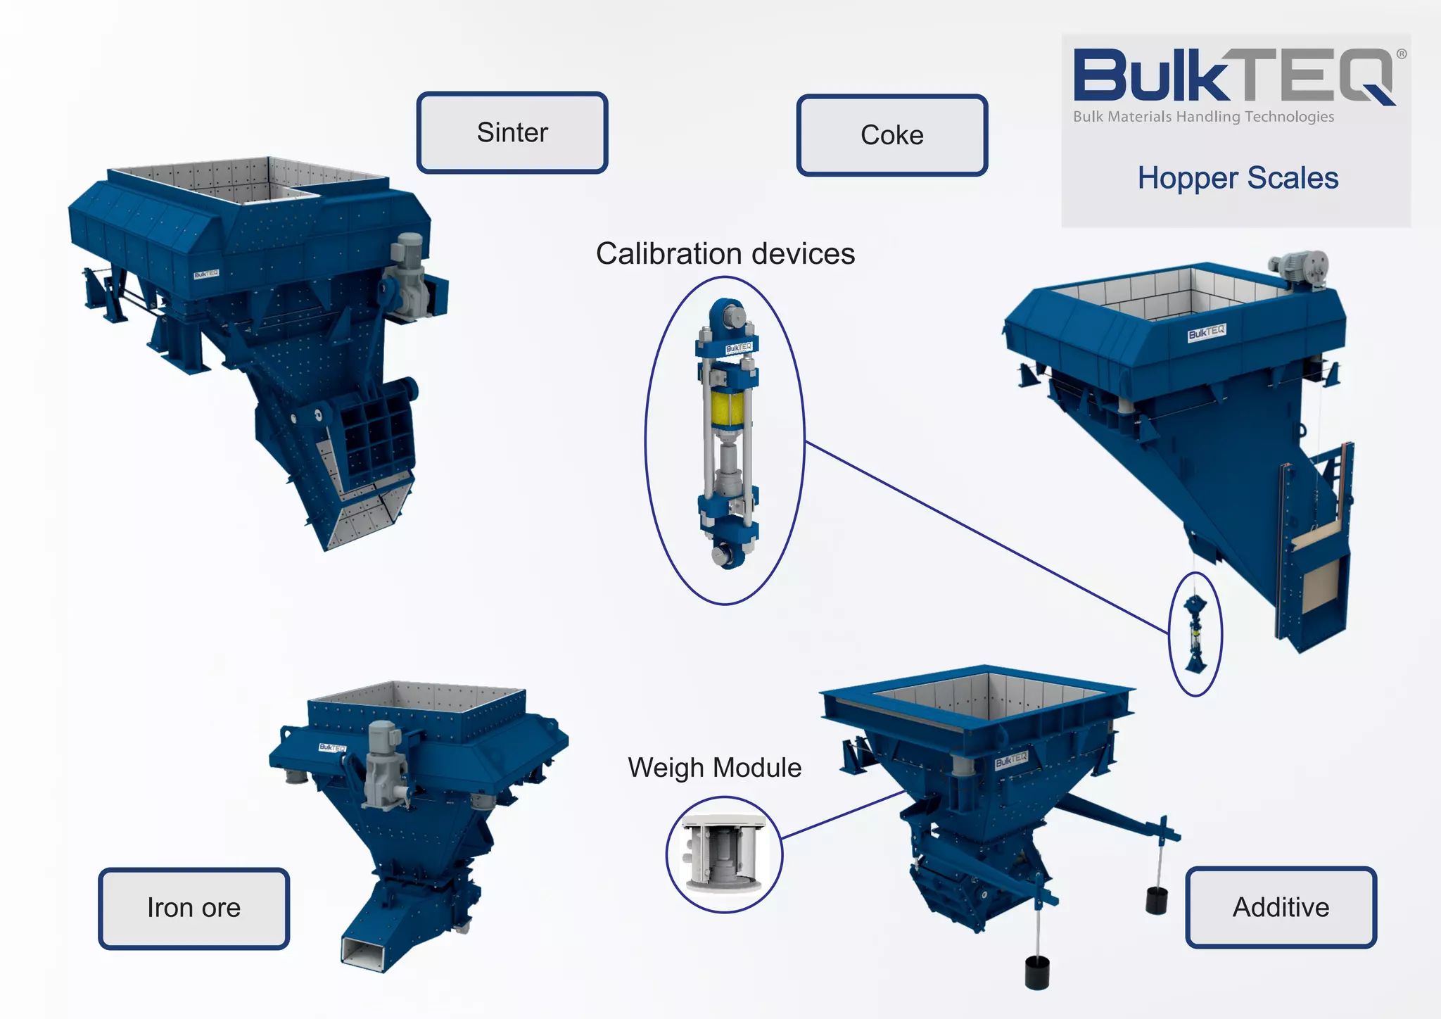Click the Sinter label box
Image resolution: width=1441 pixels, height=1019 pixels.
click(x=512, y=132)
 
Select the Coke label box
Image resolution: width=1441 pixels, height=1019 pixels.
click(x=891, y=135)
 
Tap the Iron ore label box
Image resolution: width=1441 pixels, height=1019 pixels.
click(x=193, y=908)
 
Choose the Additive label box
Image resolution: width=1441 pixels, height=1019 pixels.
click(x=1281, y=907)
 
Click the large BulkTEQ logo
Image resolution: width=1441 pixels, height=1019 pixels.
click(x=1235, y=76)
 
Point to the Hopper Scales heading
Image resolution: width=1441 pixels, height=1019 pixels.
click(x=1238, y=178)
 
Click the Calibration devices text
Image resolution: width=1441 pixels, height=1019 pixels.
click(x=725, y=254)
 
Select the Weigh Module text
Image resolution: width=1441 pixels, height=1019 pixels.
click(x=714, y=767)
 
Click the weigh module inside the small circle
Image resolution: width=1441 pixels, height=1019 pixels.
click(x=723, y=854)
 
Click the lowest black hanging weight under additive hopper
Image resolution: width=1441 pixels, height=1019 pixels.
click(x=1037, y=973)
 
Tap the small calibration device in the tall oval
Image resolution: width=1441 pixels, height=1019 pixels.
click(x=1195, y=633)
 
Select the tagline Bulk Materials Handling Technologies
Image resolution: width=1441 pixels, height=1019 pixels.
click(x=1203, y=117)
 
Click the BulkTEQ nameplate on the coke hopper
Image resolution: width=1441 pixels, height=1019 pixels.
click(x=1207, y=332)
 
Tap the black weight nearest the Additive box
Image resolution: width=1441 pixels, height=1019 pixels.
click(x=1156, y=900)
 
